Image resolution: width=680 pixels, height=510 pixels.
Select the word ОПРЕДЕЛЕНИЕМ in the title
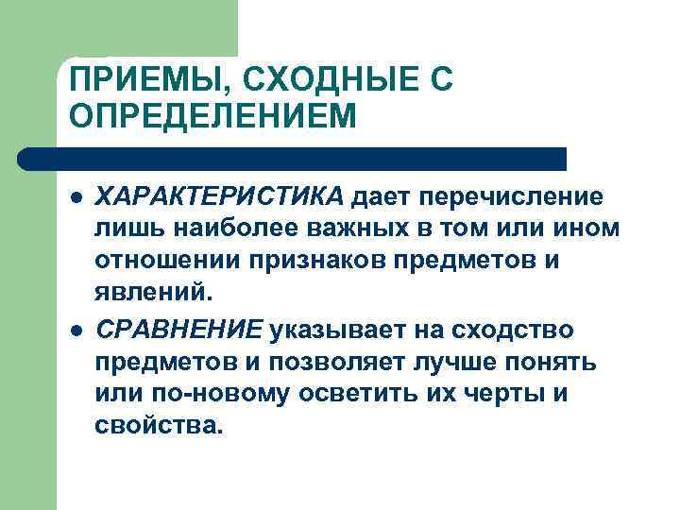point(213,117)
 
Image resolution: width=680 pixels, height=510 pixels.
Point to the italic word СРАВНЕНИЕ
point(179,330)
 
